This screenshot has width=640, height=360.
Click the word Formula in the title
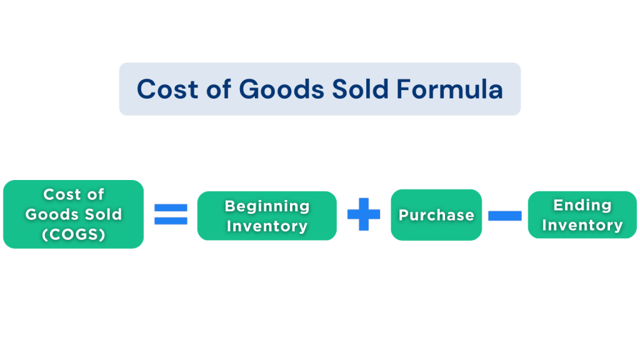449,89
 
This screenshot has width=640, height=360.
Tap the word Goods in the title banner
282,89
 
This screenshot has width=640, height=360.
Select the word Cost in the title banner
167,89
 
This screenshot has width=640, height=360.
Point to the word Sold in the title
360,89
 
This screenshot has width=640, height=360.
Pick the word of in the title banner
218,89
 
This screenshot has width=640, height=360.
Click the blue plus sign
364,214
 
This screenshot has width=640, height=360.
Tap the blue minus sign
505,216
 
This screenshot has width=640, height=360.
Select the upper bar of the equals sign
171,208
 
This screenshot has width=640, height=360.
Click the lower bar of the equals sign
171,221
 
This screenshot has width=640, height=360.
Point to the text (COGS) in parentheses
74,234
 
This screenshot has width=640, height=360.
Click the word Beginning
267,206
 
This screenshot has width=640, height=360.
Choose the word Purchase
436,215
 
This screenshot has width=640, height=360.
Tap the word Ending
582,205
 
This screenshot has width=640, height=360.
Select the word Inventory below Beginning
267,226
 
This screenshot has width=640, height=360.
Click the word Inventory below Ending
582,225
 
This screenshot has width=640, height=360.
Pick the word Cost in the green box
59,195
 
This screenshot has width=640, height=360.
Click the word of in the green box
96,194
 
